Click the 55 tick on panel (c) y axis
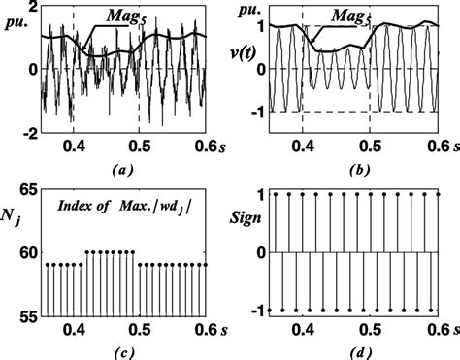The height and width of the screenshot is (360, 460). pyautogui.click(x=30, y=316)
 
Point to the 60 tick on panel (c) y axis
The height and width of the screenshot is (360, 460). pyautogui.click(x=30, y=252)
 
